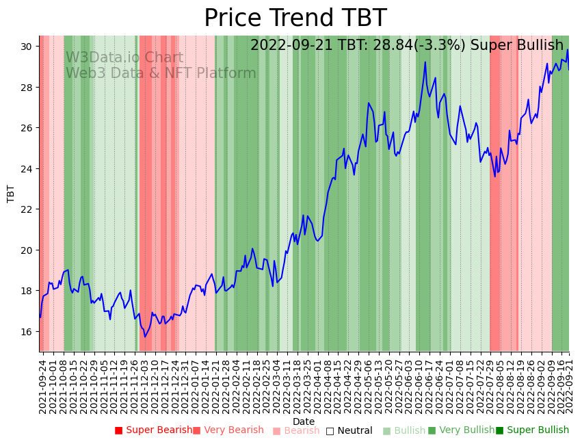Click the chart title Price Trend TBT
pyautogui.click(x=295, y=18)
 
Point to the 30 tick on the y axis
pyautogui.click(x=27, y=47)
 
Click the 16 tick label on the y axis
pyautogui.click(x=27, y=332)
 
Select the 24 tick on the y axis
pyautogui.click(x=27, y=169)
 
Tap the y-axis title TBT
pyautogui.click(x=11, y=194)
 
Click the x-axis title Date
pyautogui.click(x=304, y=421)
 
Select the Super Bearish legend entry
pyautogui.click(x=154, y=430)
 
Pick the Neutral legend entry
pyautogui.click(x=349, y=431)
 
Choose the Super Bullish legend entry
pyautogui.click(x=533, y=430)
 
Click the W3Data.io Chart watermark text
pyautogui.click(x=124, y=58)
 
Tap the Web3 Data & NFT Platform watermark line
pyautogui.click(x=161, y=74)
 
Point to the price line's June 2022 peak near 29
pyautogui.click(x=425, y=62)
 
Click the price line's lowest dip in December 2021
pyautogui.click(x=144, y=337)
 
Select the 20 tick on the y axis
pyautogui.click(x=27, y=250)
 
